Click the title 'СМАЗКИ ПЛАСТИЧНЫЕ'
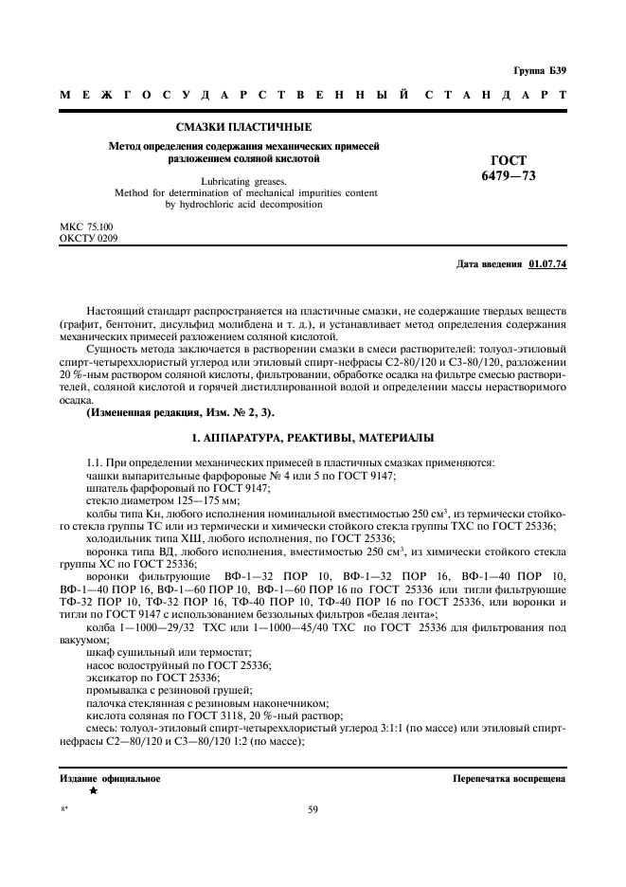coord(244,127)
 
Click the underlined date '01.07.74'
coord(547,264)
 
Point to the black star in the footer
coord(93,790)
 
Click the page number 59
coord(313,809)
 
